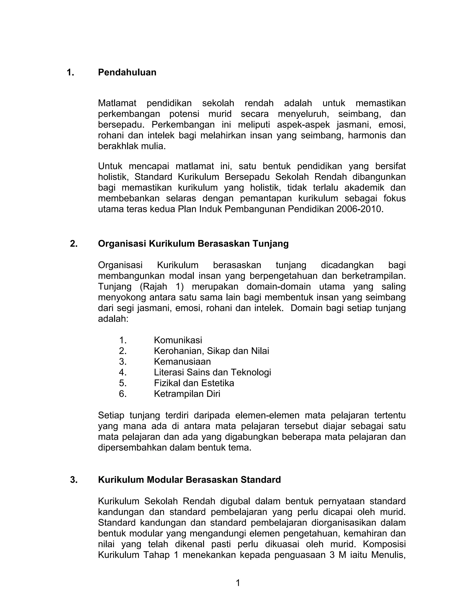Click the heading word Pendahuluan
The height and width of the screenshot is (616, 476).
[x=127, y=73]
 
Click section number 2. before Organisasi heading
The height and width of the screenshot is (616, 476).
[x=74, y=244]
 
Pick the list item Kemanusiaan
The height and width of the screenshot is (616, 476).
[x=182, y=362]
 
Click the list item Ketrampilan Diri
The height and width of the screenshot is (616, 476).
[x=187, y=394]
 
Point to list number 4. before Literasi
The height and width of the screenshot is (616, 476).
[x=123, y=372]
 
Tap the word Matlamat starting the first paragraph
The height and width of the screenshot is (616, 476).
[x=117, y=103]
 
